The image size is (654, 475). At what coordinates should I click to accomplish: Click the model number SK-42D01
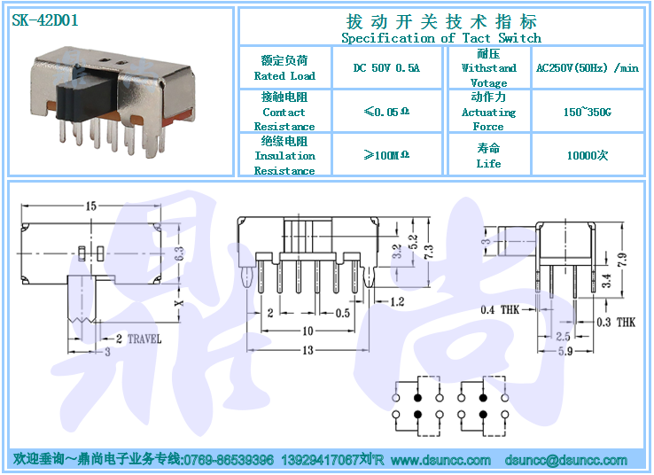coord(45,20)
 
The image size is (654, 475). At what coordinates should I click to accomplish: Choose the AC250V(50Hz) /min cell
coord(587,68)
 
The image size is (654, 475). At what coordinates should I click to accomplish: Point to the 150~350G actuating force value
coord(587,113)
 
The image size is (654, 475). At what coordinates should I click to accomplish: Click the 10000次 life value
coord(587,155)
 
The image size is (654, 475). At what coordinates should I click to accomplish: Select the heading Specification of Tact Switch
coord(440,38)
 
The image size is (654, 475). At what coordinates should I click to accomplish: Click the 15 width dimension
coord(91,206)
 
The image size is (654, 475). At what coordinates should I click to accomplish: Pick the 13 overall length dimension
coord(308,351)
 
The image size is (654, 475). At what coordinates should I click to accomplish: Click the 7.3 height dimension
coord(429,253)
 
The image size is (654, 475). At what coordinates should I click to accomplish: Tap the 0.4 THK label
coord(500,309)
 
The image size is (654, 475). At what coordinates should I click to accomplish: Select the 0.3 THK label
coord(615,322)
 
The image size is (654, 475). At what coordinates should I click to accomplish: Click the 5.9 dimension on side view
coord(564,351)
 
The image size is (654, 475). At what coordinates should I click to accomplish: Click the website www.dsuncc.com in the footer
coord(440,461)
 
